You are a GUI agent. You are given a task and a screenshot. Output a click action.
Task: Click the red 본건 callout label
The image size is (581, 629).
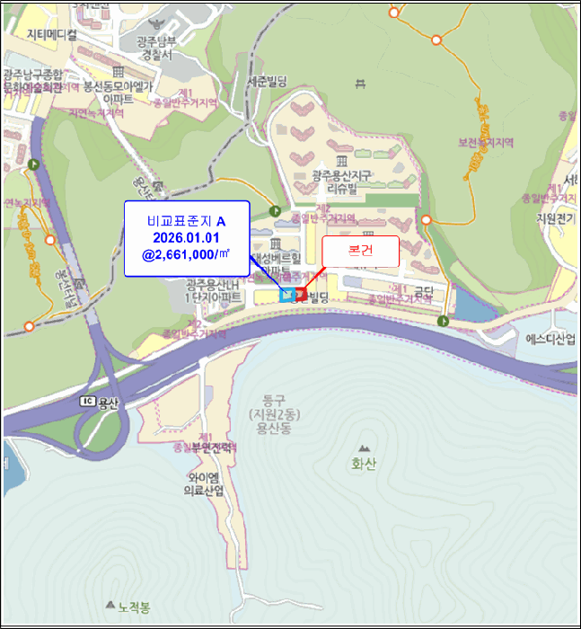coord(359,252)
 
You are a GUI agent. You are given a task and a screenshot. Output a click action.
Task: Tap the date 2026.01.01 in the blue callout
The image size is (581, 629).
coord(186,238)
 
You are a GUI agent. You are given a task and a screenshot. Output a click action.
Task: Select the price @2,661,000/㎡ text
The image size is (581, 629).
coord(186,255)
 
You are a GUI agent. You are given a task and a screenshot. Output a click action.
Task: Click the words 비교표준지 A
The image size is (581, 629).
coord(186,221)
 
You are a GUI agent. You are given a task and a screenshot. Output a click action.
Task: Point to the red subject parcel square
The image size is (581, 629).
coord(300,294)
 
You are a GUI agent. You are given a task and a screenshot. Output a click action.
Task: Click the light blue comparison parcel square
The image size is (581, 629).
coord(287,295)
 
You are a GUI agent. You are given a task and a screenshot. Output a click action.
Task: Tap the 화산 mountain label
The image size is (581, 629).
coord(364,464)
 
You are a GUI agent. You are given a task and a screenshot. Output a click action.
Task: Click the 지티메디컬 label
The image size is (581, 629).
coord(52,34)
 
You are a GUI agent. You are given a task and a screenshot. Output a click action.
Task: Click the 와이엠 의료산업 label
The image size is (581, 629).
coord(206,483)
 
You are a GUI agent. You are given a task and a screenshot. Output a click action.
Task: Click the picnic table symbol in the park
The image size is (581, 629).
coord(360,84)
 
